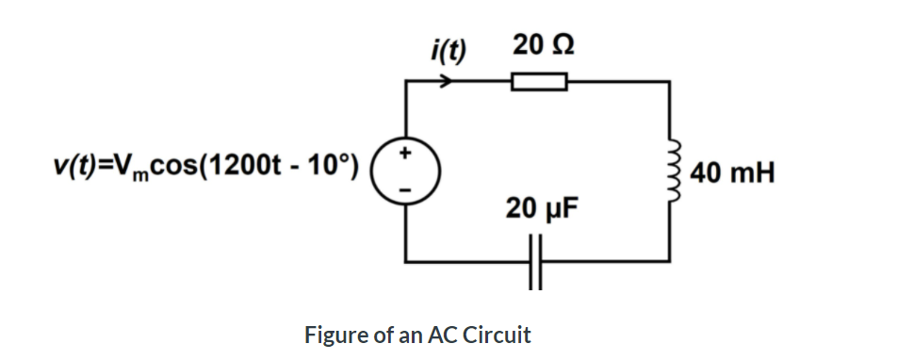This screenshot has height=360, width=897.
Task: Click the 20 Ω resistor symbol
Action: (539, 83)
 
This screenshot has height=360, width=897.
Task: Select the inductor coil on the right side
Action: (671, 171)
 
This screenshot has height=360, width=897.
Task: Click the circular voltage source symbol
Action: (405, 171)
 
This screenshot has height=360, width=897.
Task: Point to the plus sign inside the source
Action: (406, 152)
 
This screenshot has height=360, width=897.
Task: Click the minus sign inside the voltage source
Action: (406, 189)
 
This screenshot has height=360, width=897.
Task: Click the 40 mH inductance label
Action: (732, 173)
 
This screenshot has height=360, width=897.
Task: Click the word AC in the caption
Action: (441, 335)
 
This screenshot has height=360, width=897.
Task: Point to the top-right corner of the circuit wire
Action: (670, 83)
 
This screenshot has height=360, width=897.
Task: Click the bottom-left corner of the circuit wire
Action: (406, 260)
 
